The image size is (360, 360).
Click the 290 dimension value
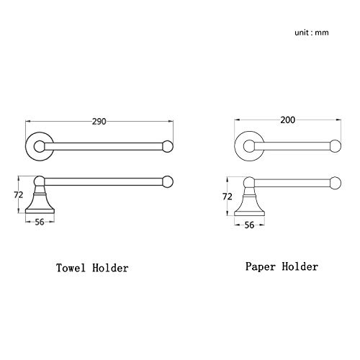pos(99,122)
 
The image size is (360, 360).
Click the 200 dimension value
pos(288,120)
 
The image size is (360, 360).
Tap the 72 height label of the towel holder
pos(18,195)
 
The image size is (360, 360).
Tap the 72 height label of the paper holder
pos(228,197)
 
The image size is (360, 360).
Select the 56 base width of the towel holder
pos(40,222)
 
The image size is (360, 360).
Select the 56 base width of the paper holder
pos(249,225)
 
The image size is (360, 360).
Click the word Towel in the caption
pos(71,268)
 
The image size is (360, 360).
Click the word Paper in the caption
pos(261,266)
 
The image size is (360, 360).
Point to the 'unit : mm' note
pos(312,32)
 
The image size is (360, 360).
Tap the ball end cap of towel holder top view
pos(168,146)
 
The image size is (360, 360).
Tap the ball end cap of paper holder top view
pos(336,146)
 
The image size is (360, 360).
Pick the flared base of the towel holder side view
pos(40,204)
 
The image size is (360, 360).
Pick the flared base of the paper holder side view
pos(249,206)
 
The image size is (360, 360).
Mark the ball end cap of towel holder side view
pos(168,181)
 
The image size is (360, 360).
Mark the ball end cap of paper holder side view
pos(336,183)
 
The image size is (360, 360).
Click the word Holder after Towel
pos(110,268)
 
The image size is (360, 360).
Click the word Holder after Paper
pos(300,266)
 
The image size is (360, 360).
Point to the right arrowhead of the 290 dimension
pos(171,122)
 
